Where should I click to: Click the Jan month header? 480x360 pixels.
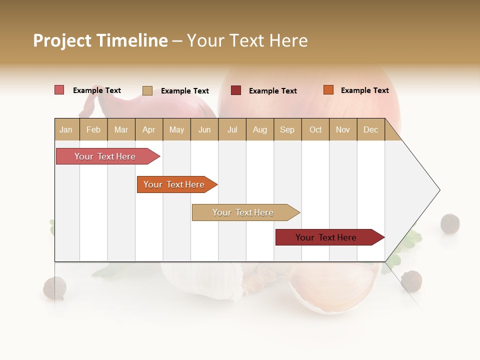pos(66,129)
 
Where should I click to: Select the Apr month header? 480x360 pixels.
pos(148,129)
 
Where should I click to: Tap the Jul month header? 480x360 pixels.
pos(232,129)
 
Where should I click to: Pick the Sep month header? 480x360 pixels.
pos(287,129)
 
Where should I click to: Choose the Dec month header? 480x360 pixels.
pos(370,129)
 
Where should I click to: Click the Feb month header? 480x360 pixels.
pos(93,129)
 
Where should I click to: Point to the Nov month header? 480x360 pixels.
pos(342,129)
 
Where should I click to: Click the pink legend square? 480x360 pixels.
pos(59,90)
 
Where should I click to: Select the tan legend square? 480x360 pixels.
pos(147,90)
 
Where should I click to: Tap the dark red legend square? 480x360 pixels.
pos(236,90)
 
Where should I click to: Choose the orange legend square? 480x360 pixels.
pos(328,90)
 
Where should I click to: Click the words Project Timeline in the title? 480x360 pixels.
pos(100,40)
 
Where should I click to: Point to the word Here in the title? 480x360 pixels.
pos(288,40)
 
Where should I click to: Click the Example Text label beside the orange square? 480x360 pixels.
pos(364,90)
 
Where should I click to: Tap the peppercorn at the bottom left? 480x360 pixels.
pos(54,288)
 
